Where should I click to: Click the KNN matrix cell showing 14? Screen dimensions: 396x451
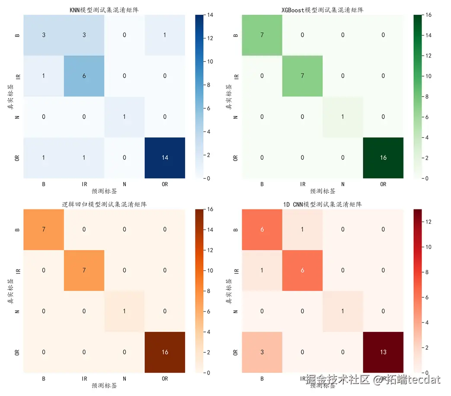click(165, 158)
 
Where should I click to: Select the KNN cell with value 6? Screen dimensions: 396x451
click(84, 76)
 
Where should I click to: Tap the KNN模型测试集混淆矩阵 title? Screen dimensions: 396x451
click(104, 10)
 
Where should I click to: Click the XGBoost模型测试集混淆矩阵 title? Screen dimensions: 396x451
click(323, 10)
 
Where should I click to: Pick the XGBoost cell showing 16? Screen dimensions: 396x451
click(383, 158)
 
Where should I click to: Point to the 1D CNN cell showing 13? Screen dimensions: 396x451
click(383, 352)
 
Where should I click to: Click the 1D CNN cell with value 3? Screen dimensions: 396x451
click(262, 352)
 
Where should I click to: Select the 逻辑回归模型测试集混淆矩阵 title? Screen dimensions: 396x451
click(104, 204)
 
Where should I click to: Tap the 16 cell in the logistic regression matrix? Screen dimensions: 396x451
click(165, 352)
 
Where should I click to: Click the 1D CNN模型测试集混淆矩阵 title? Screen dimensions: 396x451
click(323, 204)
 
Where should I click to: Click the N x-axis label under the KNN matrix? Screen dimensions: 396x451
click(125, 184)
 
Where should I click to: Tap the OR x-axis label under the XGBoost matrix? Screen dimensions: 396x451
click(383, 184)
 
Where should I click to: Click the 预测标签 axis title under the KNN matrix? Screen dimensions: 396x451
click(104, 191)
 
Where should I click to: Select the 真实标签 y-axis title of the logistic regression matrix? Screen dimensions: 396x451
click(10, 291)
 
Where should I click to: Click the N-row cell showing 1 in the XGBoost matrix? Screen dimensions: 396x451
click(343, 117)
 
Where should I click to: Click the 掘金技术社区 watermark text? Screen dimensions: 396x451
click(338, 380)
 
